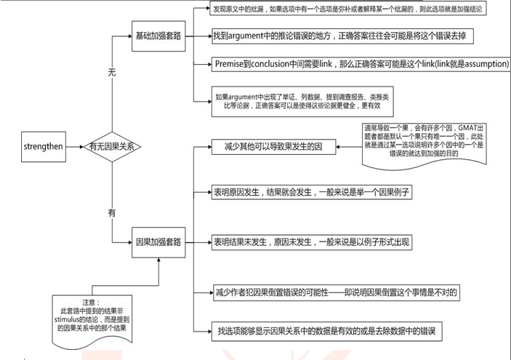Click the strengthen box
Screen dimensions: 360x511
point(45,147)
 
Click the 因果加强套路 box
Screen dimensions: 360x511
point(158,241)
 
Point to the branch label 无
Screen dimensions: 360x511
point(111,73)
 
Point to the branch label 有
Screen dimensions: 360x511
point(111,213)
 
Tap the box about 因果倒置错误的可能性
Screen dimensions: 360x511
point(337,291)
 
